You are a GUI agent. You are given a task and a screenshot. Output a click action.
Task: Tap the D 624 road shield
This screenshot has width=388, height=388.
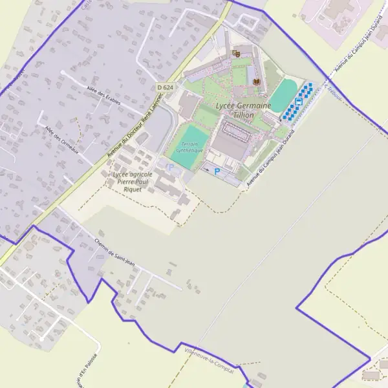point(164,87)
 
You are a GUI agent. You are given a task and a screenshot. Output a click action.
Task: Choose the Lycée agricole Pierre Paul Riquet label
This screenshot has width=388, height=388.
point(133,182)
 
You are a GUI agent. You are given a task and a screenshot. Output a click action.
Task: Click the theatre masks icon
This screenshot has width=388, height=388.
point(236,54)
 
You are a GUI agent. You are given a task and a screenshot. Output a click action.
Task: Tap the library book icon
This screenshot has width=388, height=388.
point(257,81)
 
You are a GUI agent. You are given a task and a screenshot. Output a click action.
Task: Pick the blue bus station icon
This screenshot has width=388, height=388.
point(299,101)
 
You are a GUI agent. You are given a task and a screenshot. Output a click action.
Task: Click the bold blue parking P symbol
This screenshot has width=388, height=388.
point(217,171)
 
